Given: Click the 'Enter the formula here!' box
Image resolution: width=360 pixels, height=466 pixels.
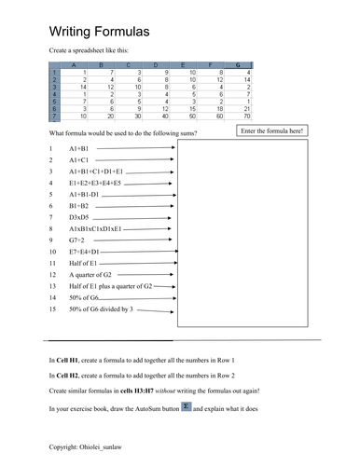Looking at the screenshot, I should tap(270, 131).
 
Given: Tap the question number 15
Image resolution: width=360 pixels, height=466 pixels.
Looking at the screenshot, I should tap(52, 308).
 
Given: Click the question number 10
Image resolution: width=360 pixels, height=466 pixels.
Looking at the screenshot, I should tap(52, 252).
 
